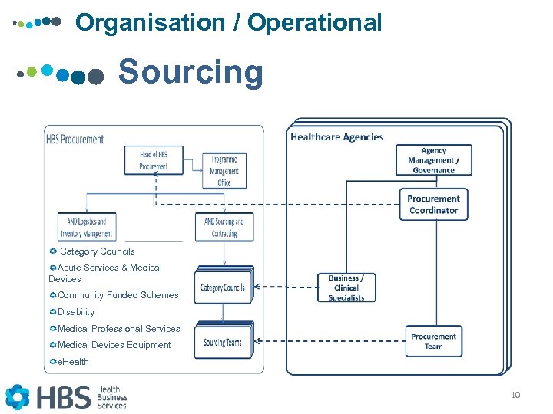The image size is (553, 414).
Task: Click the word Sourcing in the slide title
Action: [x=190, y=73]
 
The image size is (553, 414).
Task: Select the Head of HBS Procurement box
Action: [x=154, y=160]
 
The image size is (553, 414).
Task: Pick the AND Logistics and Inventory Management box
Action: [x=87, y=228]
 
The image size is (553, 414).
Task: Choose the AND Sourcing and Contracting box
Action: [x=224, y=228]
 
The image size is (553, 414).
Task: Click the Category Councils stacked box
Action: [x=223, y=287]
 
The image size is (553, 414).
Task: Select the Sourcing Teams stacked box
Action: [x=223, y=342]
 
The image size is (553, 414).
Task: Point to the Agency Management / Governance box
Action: [x=434, y=160]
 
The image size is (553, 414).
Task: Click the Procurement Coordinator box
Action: [x=433, y=204]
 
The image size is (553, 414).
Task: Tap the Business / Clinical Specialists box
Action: [x=346, y=287]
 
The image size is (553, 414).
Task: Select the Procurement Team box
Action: [x=433, y=341]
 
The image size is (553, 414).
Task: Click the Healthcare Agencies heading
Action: [x=336, y=137]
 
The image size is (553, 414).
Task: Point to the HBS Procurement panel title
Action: [x=75, y=140]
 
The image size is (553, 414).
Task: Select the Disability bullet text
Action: [x=76, y=312]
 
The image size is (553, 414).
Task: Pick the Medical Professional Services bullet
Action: [x=119, y=329]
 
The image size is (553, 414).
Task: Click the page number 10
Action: [x=515, y=395]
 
